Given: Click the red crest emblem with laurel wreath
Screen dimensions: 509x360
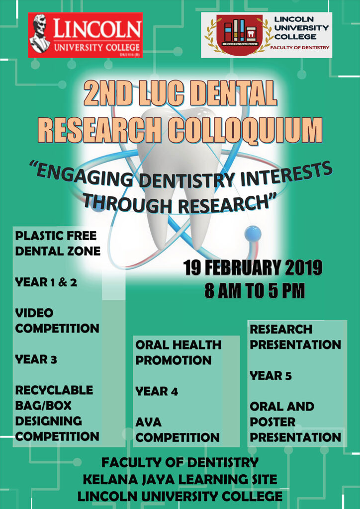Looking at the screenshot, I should [239, 35].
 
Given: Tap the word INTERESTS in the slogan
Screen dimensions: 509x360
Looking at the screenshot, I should [286, 175].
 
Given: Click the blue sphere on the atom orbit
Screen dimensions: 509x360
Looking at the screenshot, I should [253, 233].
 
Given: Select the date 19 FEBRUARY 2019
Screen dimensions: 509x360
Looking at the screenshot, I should [253, 268].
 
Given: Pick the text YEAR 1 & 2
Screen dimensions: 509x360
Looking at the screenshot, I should [47, 282].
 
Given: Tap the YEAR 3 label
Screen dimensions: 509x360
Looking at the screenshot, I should [36, 359].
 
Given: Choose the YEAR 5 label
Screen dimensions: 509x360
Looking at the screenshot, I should [270, 376].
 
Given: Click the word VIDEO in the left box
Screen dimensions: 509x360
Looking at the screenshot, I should [34, 313].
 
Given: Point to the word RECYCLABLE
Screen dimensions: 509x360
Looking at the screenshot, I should [54, 390].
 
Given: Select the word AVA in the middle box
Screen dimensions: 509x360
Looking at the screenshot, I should [148, 422].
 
